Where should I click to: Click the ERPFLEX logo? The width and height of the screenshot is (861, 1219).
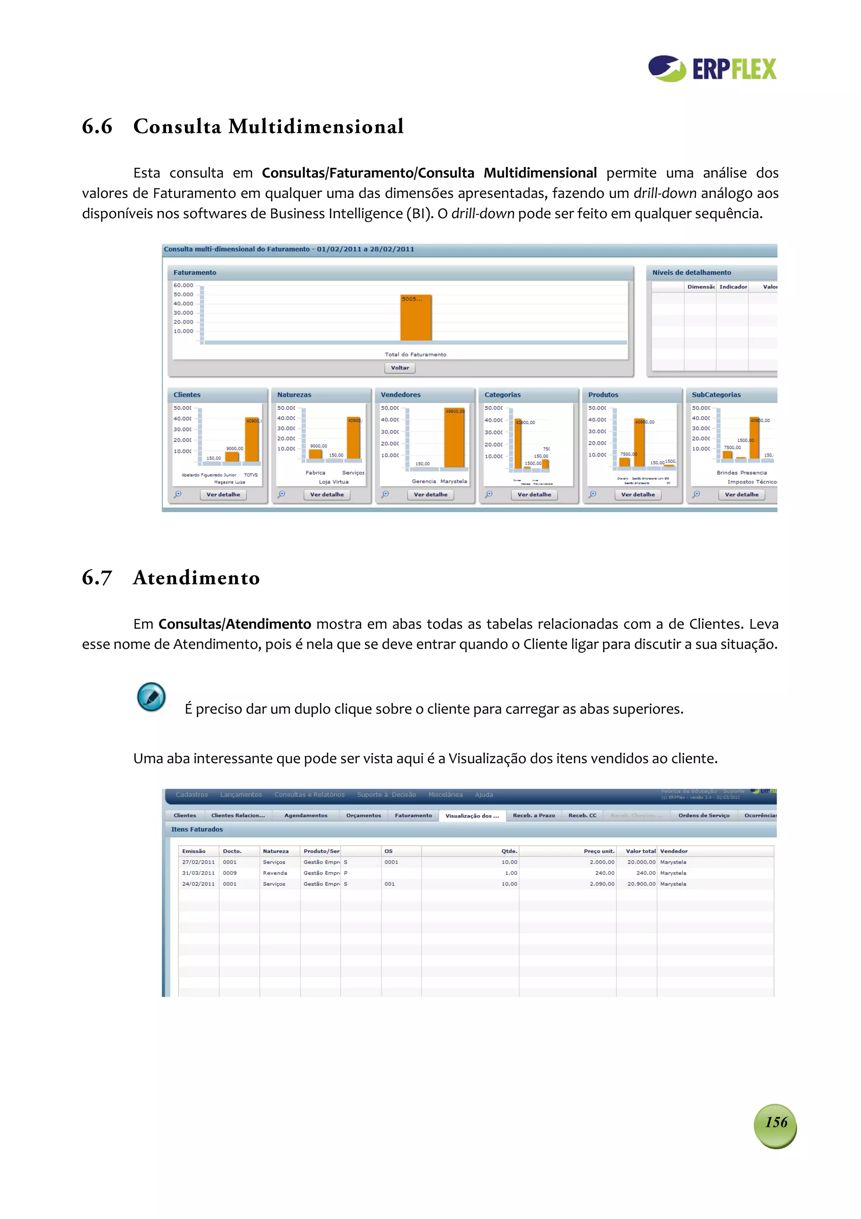point(712,69)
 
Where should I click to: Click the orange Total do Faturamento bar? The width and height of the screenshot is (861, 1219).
point(415,318)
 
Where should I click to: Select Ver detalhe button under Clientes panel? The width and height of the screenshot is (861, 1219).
point(223,494)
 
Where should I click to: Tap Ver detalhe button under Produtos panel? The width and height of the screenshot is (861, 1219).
point(638,494)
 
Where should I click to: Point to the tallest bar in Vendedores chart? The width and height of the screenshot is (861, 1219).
point(454,438)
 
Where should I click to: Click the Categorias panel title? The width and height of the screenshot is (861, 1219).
point(502,394)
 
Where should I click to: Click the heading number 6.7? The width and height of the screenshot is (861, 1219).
point(97,577)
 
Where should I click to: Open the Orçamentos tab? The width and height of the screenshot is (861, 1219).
point(363,815)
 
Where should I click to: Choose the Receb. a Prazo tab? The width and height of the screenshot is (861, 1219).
point(534,815)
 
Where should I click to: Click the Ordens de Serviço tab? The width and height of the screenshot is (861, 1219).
point(703,815)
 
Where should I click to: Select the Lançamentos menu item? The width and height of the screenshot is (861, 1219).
point(241,795)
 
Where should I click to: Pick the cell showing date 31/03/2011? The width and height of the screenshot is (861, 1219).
point(198,873)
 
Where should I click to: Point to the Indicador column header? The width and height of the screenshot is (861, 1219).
point(733,287)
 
